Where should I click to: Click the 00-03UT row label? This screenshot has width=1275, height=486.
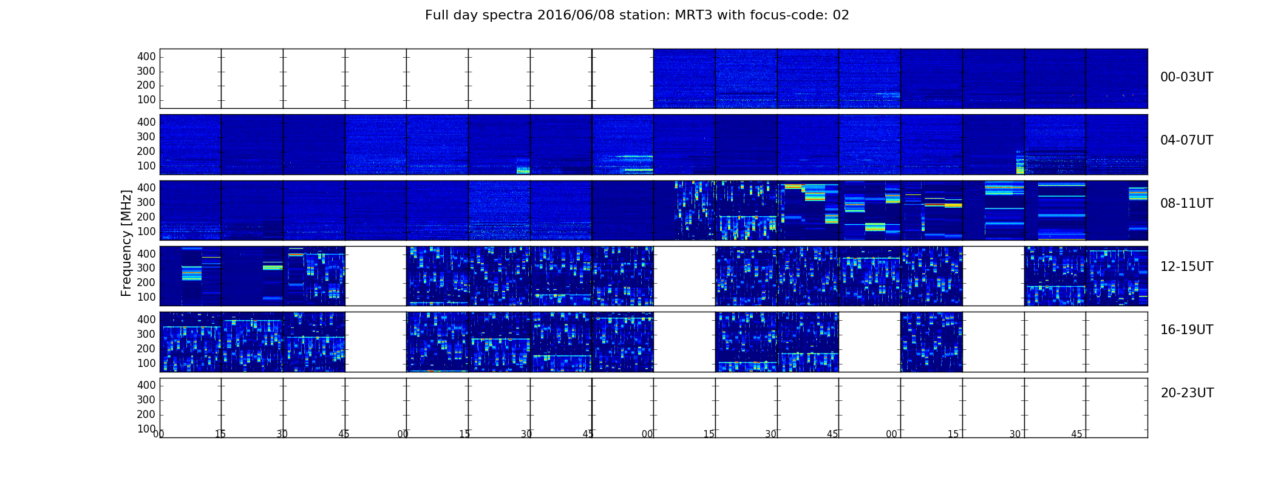tap(1186, 77)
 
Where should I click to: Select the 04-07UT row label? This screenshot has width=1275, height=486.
tap(1186, 140)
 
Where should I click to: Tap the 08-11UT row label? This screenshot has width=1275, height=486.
tap(1186, 204)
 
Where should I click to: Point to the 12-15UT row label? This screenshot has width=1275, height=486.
tap(1186, 267)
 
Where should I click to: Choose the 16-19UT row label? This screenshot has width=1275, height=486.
tap(1186, 330)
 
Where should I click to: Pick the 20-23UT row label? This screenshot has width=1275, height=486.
tap(1187, 393)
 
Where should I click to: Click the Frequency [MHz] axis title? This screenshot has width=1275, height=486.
tap(126, 243)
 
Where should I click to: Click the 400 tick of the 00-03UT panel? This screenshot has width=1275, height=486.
tap(146, 56)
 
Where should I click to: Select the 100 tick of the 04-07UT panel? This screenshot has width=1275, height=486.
tap(146, 166)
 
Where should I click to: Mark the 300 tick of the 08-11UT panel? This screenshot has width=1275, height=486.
tap(146, 202)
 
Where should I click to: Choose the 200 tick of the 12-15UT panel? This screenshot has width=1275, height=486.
tap(146, 282)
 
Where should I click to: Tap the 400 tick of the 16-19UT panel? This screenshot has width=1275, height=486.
tap(146, 320)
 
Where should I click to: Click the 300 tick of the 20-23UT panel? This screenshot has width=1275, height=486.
tap(146, 400)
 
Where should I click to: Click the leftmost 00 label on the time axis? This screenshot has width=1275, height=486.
tap(158, 434)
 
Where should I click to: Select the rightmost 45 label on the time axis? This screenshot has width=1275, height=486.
tap(1076, 434)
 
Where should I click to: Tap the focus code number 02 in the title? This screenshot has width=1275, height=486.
tap(841, 15)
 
